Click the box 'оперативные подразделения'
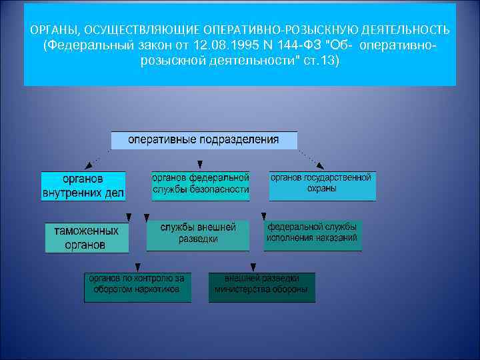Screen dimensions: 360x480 pyautogui.click(x=203, y=141)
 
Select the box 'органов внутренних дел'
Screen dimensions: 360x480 pyautogui.click(x=83, y=186)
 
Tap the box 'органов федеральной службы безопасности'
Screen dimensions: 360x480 pyautogui.click(x=200, y=185)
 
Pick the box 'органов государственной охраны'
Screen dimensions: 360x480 pyautogui.click(x=322, y=185)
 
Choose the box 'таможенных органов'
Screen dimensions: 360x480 pyautogui.click(x=87, y=237)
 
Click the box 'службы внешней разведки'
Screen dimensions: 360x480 pyautogui.click(x=198, y=235)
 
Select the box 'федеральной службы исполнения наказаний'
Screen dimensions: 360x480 pyautogui.click(x=313, y=235)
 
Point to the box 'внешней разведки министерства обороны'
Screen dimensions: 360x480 pyautogui.click(x=261, y=287)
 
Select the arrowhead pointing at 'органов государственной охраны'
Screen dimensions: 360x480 pyautogui.click(x=321, y=166)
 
